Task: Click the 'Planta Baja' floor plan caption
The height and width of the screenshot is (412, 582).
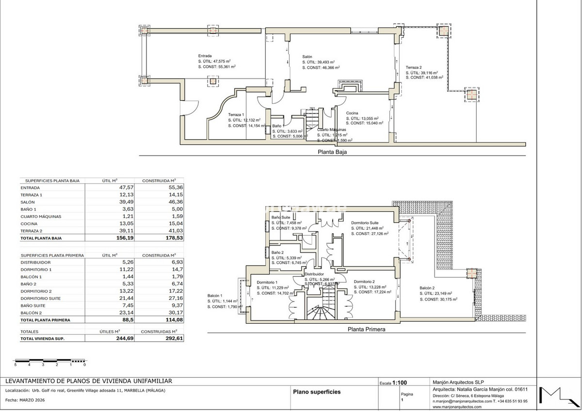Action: [x=332, y=151]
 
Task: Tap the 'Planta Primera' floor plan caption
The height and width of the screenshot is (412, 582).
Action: [x=366, y=329]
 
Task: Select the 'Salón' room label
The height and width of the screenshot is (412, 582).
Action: [x=307, y=57]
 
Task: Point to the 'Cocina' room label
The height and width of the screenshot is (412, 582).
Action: [x=352, y=113]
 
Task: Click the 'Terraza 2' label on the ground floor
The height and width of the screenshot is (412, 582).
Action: [x=414, y=67]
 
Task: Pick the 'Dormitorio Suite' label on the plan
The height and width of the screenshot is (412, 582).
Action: [x=367, y=223]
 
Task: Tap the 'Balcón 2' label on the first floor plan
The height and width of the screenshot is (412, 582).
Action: [x=428, y=288]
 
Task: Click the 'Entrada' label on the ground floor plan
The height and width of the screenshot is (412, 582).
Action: [x=205, y=56]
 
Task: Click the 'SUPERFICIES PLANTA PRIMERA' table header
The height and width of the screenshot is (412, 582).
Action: [x=52, y=255]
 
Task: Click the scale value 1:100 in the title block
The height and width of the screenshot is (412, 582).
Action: [x=400, y=382]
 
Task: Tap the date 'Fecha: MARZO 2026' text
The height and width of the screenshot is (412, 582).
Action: [x=25, y=400]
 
